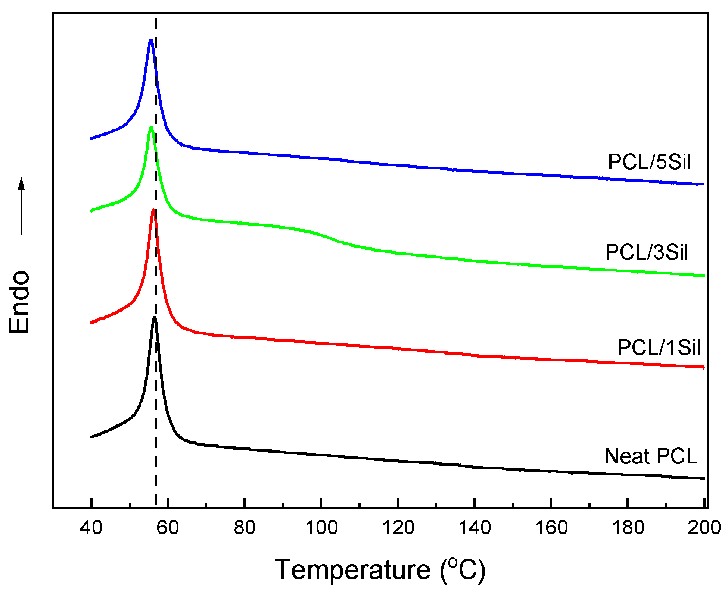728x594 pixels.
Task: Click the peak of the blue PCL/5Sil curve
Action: click(151, 40)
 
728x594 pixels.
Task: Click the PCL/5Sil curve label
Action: click(649, 162)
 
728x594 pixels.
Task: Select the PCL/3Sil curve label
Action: click(647, 252)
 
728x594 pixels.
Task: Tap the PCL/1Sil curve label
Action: click(659, 348)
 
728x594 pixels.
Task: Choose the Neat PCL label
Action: click(651, 456)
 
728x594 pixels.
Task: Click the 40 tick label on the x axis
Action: click(91, 528)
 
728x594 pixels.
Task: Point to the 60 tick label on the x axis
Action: click(168, 528)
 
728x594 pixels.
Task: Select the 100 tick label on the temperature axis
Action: click(321, 528)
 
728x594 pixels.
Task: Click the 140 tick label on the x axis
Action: click(475, 528)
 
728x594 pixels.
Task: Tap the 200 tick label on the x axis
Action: click(704, 528)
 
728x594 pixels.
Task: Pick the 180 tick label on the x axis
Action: click(628, 528)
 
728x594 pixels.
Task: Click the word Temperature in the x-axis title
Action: click(352, 570)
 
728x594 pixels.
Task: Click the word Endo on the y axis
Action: click(19, 302)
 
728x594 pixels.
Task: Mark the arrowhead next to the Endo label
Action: click(22, 183)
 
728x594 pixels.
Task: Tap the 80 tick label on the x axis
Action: click(245, 528)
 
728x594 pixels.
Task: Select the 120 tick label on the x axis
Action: click(398, 528)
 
